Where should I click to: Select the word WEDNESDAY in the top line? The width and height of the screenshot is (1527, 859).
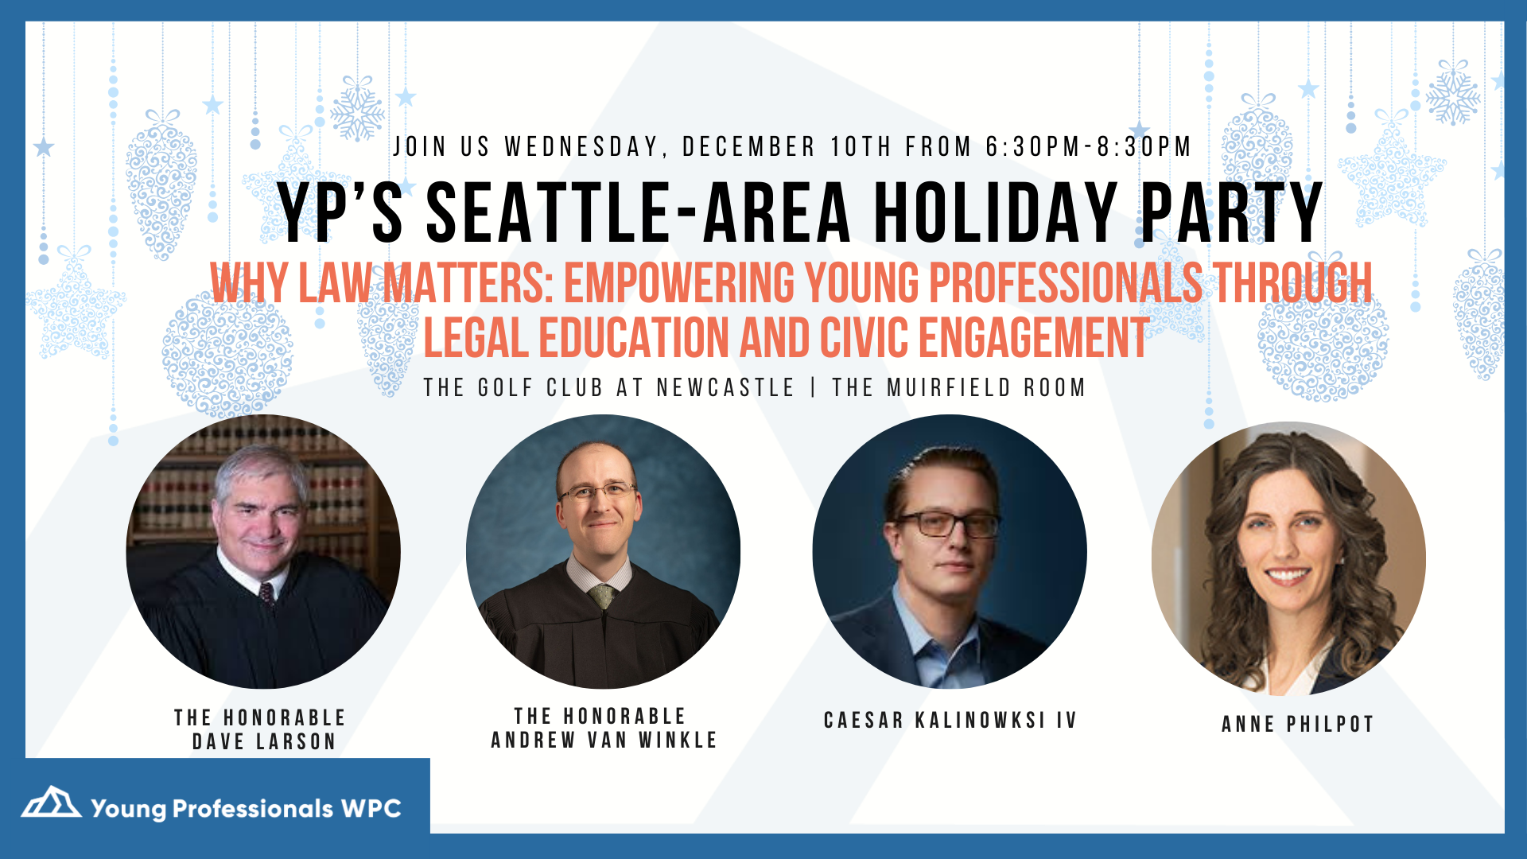point(581,147)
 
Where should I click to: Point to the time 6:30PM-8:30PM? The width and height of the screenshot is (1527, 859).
point(1088,147)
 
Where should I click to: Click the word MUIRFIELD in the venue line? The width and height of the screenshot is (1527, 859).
point(949,387)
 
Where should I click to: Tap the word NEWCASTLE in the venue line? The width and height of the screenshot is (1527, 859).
point(725,387)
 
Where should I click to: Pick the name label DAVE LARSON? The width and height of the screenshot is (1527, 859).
point(264,742)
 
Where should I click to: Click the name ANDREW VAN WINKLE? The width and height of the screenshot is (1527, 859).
point(604,740)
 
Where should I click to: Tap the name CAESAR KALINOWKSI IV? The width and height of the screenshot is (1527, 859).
point(950,721)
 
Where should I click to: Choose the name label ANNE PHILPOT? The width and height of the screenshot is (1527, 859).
point(1298,725)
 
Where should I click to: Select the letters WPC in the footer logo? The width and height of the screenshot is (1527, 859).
point(371,809)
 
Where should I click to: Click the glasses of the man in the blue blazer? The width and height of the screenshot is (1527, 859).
point(948,523)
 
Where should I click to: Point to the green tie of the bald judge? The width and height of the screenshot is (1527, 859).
point(603,595)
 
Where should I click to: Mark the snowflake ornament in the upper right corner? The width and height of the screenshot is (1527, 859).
point(1453,92)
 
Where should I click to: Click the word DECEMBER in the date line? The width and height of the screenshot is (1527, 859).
point(749,147)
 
